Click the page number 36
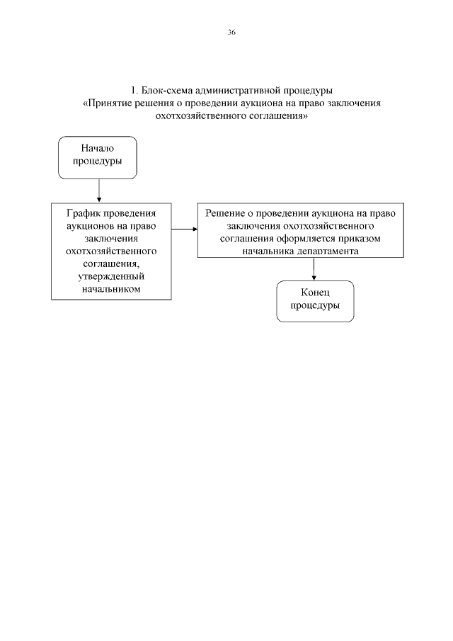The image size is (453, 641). pyautogui.click(x=231, y=33)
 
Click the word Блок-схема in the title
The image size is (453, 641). pyautogui.click(x=165, y=91)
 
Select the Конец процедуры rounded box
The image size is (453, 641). pyautogui.click(x=315, y=301)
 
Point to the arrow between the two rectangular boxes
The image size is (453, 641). pyautogui.click(x=184, y=229)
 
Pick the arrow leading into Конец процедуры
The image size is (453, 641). pyautogui.click(x=314, y=268)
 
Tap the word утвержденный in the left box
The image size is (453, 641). pyautogui.click(x=112, y=276)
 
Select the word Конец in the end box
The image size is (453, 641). pyautogui.click(x=315, y=293)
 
